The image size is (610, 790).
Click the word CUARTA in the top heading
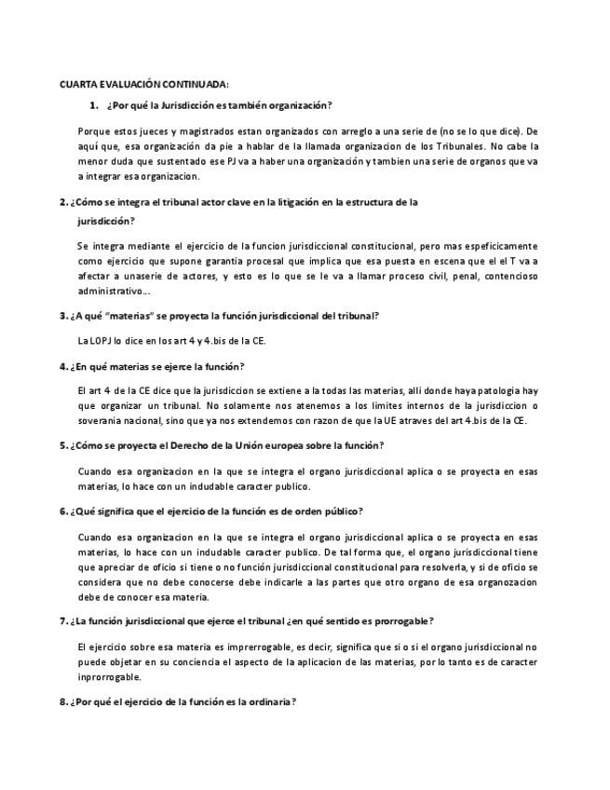[78, 84]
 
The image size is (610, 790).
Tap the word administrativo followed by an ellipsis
[110, 292]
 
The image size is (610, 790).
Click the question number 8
[62, 701]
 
